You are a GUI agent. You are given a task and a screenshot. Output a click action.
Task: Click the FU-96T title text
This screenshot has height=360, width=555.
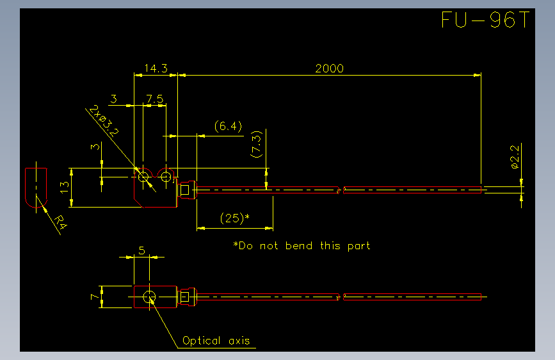[486, 19]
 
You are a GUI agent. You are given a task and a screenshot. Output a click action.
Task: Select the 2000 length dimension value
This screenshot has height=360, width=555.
[329, 69]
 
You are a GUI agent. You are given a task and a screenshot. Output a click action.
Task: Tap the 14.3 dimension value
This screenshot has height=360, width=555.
[156, 68]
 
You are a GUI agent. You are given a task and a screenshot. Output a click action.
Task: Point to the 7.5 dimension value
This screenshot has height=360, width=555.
[155, 99]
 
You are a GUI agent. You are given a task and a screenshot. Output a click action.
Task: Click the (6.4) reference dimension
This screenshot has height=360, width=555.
[229, 126]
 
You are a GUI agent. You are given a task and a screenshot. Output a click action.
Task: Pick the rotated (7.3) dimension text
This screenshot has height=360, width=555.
[256, 144]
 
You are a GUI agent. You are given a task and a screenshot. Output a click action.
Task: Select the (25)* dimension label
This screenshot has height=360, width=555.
[235, 218]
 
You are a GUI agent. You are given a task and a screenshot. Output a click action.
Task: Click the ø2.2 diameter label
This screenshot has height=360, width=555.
[515, 156]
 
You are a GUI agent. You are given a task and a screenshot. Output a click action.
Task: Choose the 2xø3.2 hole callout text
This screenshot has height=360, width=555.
[104, 120]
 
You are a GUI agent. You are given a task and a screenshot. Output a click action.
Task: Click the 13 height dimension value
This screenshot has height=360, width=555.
[65, 188]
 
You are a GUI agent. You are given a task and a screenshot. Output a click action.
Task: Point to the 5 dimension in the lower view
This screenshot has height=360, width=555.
[142, 250]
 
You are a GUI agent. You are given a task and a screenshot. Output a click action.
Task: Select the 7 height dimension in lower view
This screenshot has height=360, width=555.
[95, 296]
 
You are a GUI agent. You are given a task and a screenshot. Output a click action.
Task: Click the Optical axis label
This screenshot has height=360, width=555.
[216, 341]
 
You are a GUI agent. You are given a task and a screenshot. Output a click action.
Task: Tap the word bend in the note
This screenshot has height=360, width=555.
[299, 245]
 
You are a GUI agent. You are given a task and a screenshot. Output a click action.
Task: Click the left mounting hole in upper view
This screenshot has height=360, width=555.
[143, 176]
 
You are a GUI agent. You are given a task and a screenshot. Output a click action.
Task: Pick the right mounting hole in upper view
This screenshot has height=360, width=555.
[166, 176]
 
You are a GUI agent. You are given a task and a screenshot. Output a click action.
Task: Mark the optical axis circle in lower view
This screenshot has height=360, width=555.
[149, 297]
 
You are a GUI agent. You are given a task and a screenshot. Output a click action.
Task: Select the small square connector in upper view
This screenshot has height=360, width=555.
[185, 190]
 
